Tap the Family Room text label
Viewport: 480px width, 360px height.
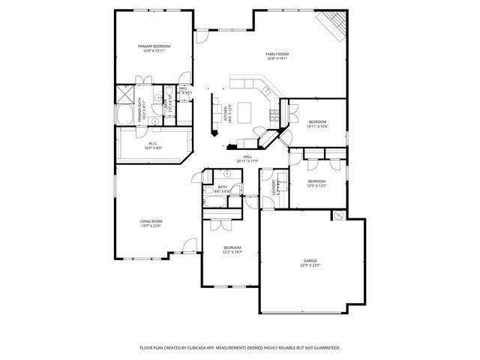[277, 54]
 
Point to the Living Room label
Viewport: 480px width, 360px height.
[151, 221]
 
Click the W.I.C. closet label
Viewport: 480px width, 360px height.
[151, 143]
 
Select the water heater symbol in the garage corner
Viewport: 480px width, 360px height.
[338, 215]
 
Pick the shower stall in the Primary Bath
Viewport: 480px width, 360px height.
[124, 95]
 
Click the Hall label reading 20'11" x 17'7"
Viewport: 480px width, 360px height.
[247, 159]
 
